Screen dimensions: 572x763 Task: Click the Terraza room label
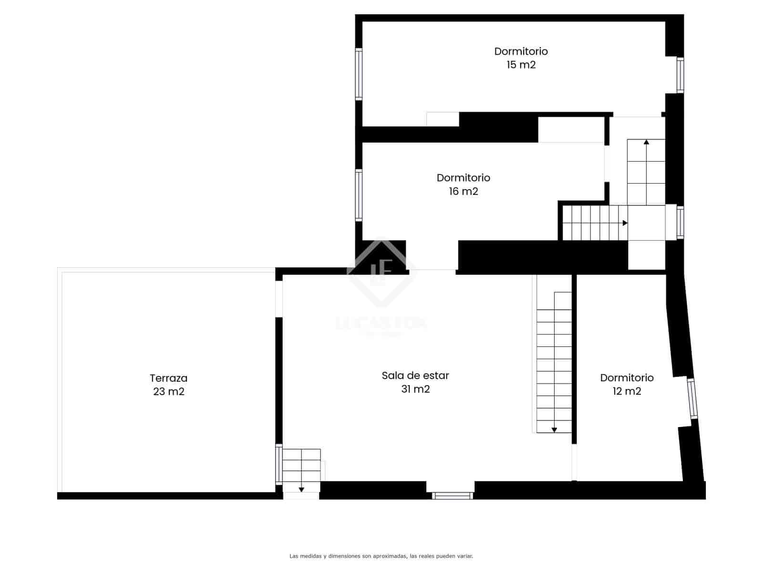168,378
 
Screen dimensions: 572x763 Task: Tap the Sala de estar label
415,376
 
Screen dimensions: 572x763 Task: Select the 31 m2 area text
415,389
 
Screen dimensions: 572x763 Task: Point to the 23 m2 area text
168,392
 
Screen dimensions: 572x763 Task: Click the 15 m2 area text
521,65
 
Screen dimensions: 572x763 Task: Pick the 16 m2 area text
463,192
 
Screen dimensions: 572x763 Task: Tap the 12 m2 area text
627,391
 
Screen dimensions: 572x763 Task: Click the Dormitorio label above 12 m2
627,378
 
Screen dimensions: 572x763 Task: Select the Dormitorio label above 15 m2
521,51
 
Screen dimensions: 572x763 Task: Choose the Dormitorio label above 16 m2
463,178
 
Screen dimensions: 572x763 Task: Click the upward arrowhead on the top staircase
646,142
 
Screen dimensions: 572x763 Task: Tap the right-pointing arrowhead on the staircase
625,223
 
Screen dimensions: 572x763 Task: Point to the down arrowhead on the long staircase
554,430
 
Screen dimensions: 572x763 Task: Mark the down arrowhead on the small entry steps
301,489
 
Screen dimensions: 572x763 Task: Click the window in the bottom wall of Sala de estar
453,496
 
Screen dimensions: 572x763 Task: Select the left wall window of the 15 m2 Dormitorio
359,74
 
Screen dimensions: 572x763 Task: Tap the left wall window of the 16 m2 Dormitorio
359,195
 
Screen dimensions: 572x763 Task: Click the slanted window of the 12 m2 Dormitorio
692,398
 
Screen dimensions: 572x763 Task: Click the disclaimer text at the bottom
381,556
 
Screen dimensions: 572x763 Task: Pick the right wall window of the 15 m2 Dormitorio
681,75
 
